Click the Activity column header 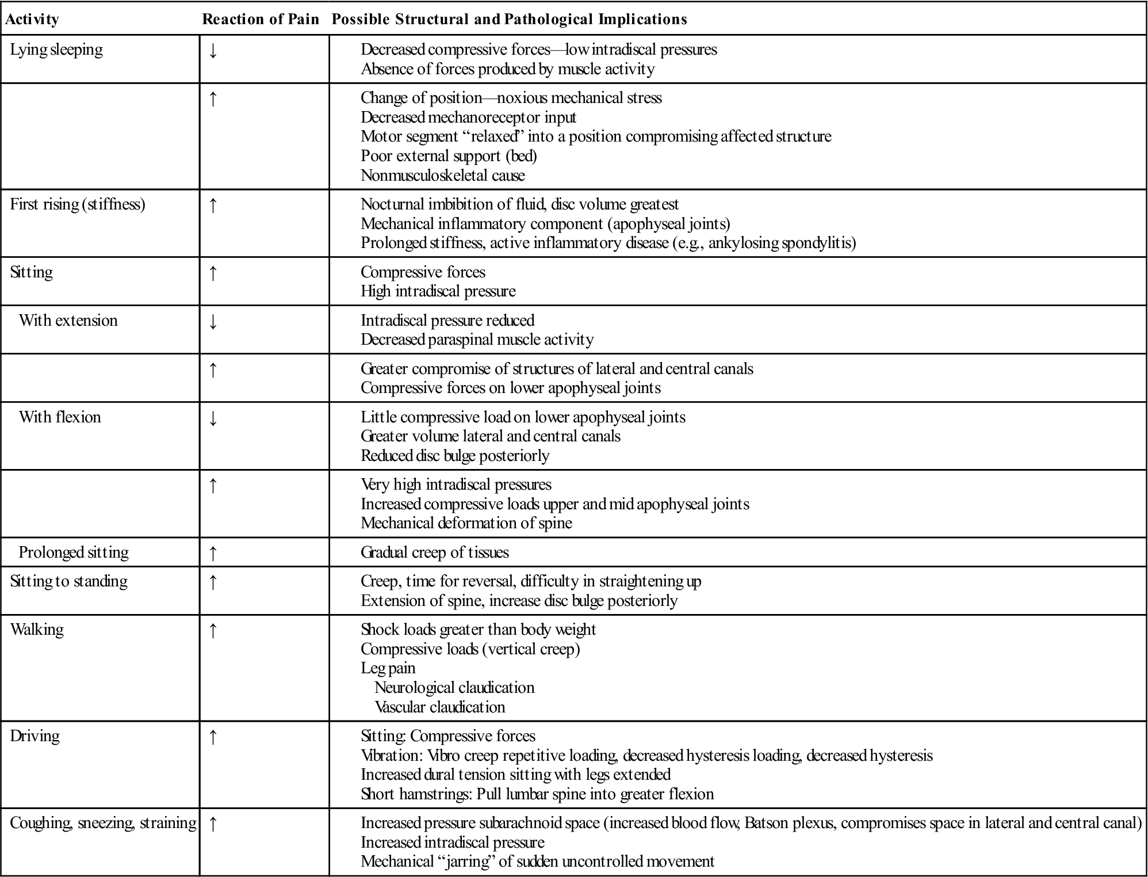(32, 20)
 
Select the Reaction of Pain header (261, 20)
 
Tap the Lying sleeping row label (56, 49)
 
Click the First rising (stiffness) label (78, 204)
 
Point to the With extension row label (68, 321)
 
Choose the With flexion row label (60, 417)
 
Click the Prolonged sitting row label (74, 552)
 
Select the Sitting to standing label (69, 581)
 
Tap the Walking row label (37, 630)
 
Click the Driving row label (35, 736)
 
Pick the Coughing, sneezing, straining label (104, 823)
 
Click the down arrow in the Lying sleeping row (213, 51)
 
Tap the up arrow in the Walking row (213, 631)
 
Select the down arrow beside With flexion (213, 419)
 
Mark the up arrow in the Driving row (213, 738)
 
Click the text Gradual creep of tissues (435, 552)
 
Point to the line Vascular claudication (440, 707)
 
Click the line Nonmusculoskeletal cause (443, 176)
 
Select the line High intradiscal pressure (438, 291)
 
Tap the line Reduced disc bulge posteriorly (455, 456)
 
